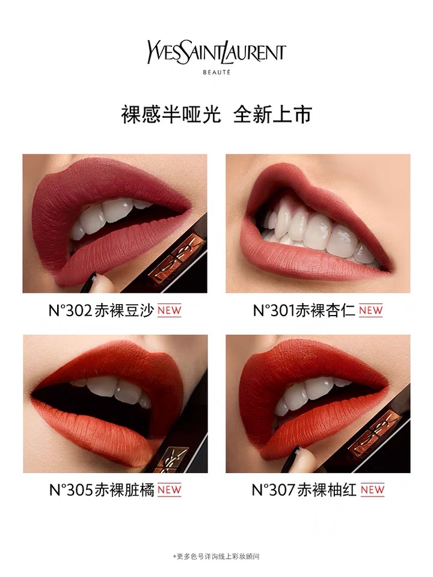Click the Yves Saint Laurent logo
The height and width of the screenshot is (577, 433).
point(216,53)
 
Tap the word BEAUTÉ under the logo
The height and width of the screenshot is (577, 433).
point(216,73)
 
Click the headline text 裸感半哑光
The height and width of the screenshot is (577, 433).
point(171,114)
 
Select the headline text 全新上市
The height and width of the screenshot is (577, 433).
point(273,114)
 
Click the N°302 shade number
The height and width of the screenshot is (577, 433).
point(70,311)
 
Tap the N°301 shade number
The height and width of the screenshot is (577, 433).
point(274,311)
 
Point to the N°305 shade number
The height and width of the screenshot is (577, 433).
point(72,490)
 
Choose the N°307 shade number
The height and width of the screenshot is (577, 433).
point(274,490)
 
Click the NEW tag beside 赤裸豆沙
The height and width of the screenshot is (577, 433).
point(170,311)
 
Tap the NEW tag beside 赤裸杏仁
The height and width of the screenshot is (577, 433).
point(371,311)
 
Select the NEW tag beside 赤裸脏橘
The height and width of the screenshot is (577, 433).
point(170,490)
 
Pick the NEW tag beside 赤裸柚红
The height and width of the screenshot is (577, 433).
point(373,490)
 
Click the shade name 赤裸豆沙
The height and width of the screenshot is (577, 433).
point(124,311)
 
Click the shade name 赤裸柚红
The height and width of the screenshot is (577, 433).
point(327,490)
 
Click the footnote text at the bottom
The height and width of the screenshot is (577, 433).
point(216,557)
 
